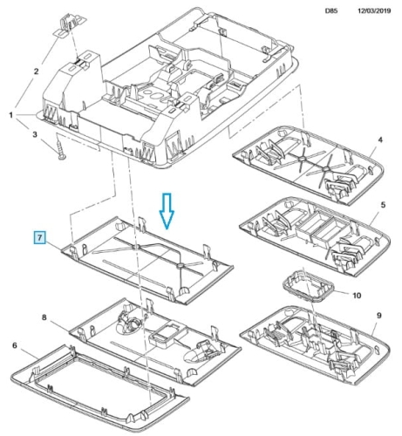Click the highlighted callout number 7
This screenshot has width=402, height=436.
point(40,238)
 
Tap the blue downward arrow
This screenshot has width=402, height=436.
point(167,211)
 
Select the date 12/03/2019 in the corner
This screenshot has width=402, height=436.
point(374,10)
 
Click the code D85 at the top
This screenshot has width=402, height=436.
point(331,11)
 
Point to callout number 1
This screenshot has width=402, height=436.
point(10,115)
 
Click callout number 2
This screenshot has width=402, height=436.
point(36,72)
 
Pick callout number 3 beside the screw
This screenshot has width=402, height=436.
point(35,134)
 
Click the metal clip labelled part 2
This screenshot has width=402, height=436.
point(70,25)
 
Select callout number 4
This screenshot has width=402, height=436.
point(380,140)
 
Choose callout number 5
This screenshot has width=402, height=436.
point(383,205)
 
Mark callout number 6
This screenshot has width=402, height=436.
point(15,345)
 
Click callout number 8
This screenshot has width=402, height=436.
point(44,317)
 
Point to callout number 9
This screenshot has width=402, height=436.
point(379,316)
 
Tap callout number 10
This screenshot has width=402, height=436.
point(357,296)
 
